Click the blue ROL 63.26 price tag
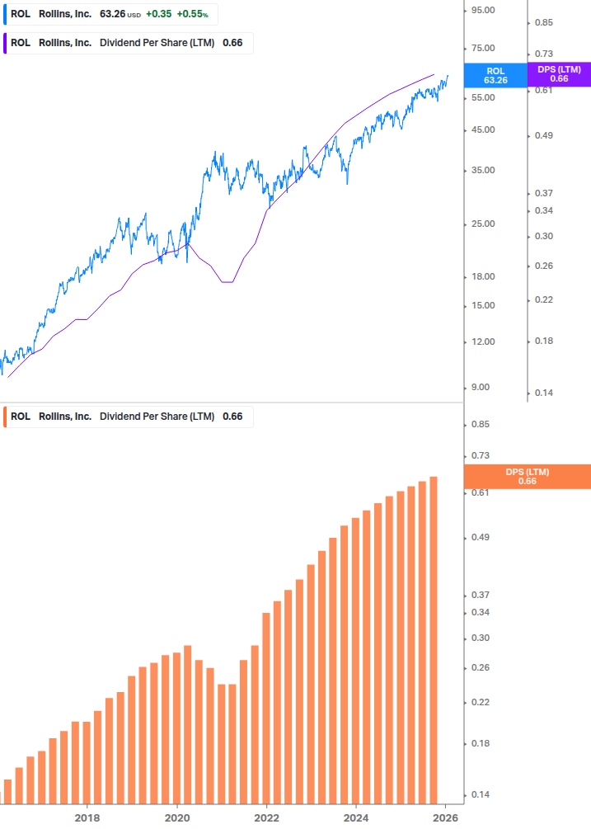pos(495,76)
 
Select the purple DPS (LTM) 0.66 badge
pos(559,74)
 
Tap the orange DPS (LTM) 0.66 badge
pos(528,477)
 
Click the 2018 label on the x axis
pos(87,817)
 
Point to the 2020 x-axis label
pos(177,817)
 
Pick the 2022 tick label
pos(266,817)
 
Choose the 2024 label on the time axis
pos(355,817)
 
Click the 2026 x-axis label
pos(445,817)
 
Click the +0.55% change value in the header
pos(192,14)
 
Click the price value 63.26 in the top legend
pos(112,14)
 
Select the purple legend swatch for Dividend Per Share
pos(6,43)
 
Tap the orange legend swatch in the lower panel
pos(6,417)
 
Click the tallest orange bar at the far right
pos(434,643)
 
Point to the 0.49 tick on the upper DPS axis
pos(543,136)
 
